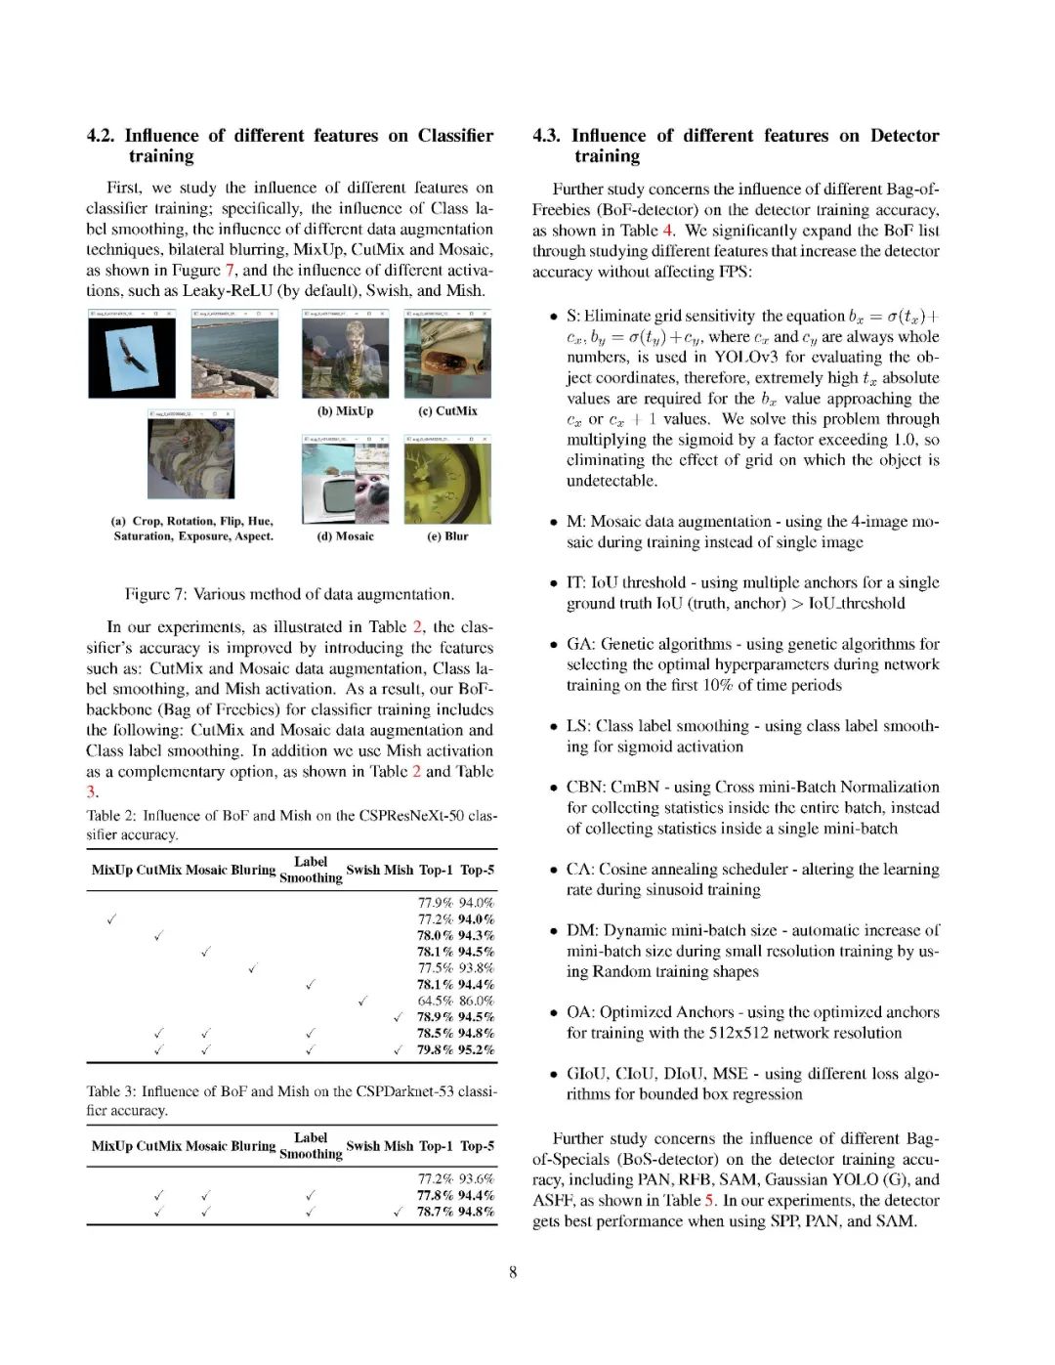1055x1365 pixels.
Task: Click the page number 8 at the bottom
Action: point(513,1271)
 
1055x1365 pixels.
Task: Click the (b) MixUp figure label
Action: point(345,411)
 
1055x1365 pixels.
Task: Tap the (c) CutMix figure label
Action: point(447,411)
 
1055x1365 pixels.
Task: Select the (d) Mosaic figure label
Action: point(345,536)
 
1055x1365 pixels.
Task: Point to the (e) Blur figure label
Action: point(447,536)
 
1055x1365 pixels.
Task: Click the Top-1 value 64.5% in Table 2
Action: point(436,1001)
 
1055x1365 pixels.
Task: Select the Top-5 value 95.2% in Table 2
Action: point(477,1049)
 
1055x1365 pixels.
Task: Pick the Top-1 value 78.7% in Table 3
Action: point(436,1212)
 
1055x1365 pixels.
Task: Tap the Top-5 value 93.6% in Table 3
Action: point(477,1179)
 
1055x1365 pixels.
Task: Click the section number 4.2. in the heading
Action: point(102,136)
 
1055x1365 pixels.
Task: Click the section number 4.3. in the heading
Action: point(548,136)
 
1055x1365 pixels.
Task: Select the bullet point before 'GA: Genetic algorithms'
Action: point(554,646)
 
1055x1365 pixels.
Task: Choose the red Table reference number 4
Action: point(668,231)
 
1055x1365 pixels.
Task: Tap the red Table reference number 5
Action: point(710,1200)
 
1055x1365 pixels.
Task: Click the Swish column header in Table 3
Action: point(362,1146)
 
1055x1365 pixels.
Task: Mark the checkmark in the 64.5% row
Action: point(361,1001)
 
